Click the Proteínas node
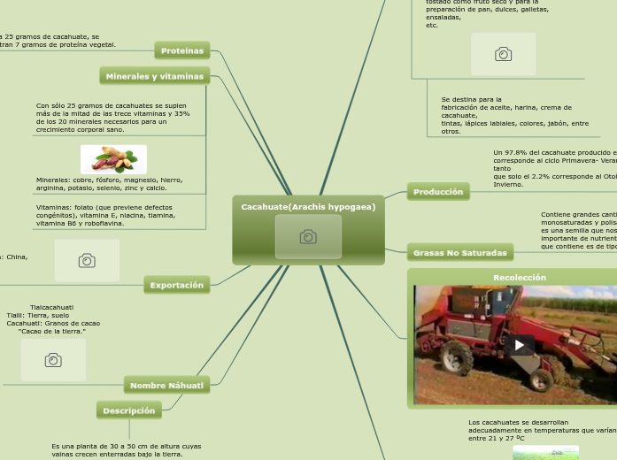point(181,50)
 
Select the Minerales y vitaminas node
point(154,76)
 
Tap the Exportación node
point(176,285)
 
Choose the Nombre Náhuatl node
point(166,385)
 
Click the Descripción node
point(128,410)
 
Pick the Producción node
point(437,191)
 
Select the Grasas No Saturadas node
point(459,253)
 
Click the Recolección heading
point(519,277)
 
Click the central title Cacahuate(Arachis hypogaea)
point(308,207)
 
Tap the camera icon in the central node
point(308,237)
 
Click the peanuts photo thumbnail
point(113,159)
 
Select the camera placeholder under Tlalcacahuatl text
point(53,360)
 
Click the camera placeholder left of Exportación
point(87,260)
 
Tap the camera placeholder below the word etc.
point(503,54)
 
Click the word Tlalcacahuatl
point(51,307)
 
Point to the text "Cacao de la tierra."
point(52,331)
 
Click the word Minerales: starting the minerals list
point(53,180)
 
